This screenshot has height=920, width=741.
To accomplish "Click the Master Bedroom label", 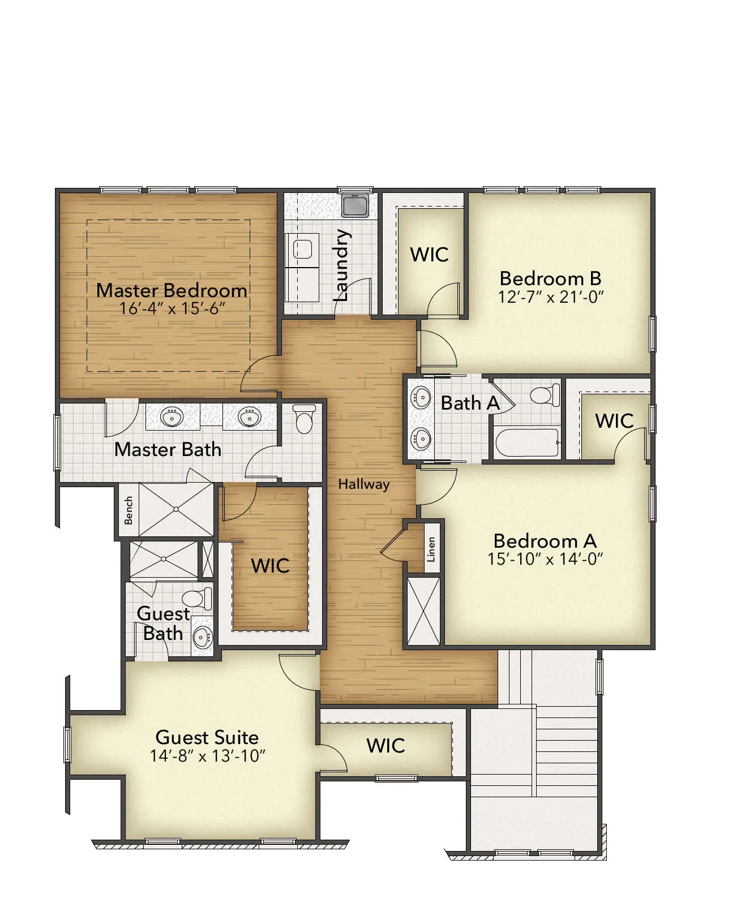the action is [x=172, y=291].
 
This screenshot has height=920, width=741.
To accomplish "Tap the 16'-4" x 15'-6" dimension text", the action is [x=172, y=308].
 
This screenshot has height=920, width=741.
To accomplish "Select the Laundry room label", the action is [x=342, y=265].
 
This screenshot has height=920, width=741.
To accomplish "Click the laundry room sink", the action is [x=355, y=205].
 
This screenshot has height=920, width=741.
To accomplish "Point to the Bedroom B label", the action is [x=551, y=279].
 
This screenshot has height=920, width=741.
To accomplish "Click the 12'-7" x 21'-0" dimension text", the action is [x=551, y=296].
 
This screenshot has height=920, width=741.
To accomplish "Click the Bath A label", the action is [x=470, y=403].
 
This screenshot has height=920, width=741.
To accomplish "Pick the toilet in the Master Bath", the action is [x=304, y=419].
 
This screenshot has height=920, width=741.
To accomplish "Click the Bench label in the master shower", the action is [x=129, y=510].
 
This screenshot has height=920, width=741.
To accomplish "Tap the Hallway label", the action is [x=363, y=484].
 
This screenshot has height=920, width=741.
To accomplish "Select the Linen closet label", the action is [x=431, y=550].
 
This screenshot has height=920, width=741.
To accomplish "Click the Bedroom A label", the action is [x=545, y=541].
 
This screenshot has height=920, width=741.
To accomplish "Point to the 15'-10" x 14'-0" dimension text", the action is [x=545, y=559].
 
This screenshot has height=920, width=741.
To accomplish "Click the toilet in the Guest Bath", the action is [x=197, y=598].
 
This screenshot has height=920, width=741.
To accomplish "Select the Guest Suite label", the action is [x=207, y=737].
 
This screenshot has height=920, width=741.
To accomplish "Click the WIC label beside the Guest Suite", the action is [x=386, y=746].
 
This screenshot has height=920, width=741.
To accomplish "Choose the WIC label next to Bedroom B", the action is [x=429, y=255].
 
